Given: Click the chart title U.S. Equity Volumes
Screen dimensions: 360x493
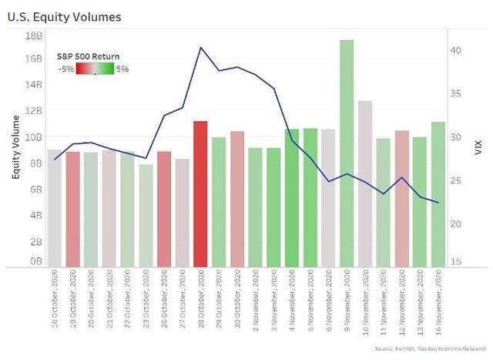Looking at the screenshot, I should [66, 15].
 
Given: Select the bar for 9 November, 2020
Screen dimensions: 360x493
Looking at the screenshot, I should [346, 154].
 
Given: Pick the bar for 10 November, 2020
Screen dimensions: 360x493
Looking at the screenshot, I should [364, 185].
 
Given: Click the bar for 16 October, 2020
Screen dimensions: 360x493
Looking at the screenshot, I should [55, 208].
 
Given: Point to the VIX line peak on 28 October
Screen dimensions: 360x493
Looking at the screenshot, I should [200, 48].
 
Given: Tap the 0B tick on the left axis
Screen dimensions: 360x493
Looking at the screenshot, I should [35, 262].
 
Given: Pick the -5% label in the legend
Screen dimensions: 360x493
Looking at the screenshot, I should [65, 69].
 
